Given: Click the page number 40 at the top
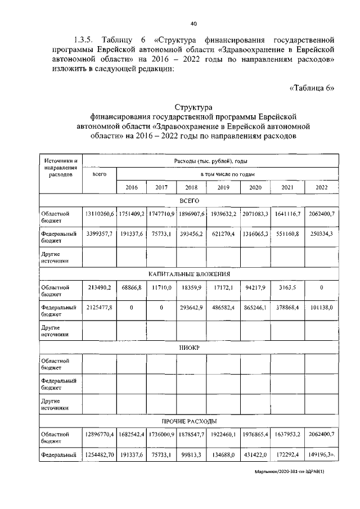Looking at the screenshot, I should [193, 24].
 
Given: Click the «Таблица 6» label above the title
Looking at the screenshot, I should [312, 88].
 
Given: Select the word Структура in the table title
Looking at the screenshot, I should [193, 107].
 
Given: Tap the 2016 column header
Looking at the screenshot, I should [132, 187].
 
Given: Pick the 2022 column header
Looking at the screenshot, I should [322, 187].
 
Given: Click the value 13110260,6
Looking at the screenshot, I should [100, 214].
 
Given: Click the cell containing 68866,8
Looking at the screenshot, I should [132, 287].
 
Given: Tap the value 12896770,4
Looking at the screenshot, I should [100, 435].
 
